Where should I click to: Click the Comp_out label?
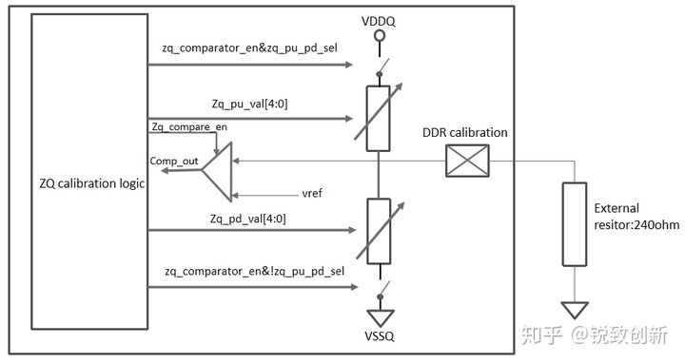click(x=174, y=162)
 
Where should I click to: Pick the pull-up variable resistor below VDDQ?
click(x=378, y=118)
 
